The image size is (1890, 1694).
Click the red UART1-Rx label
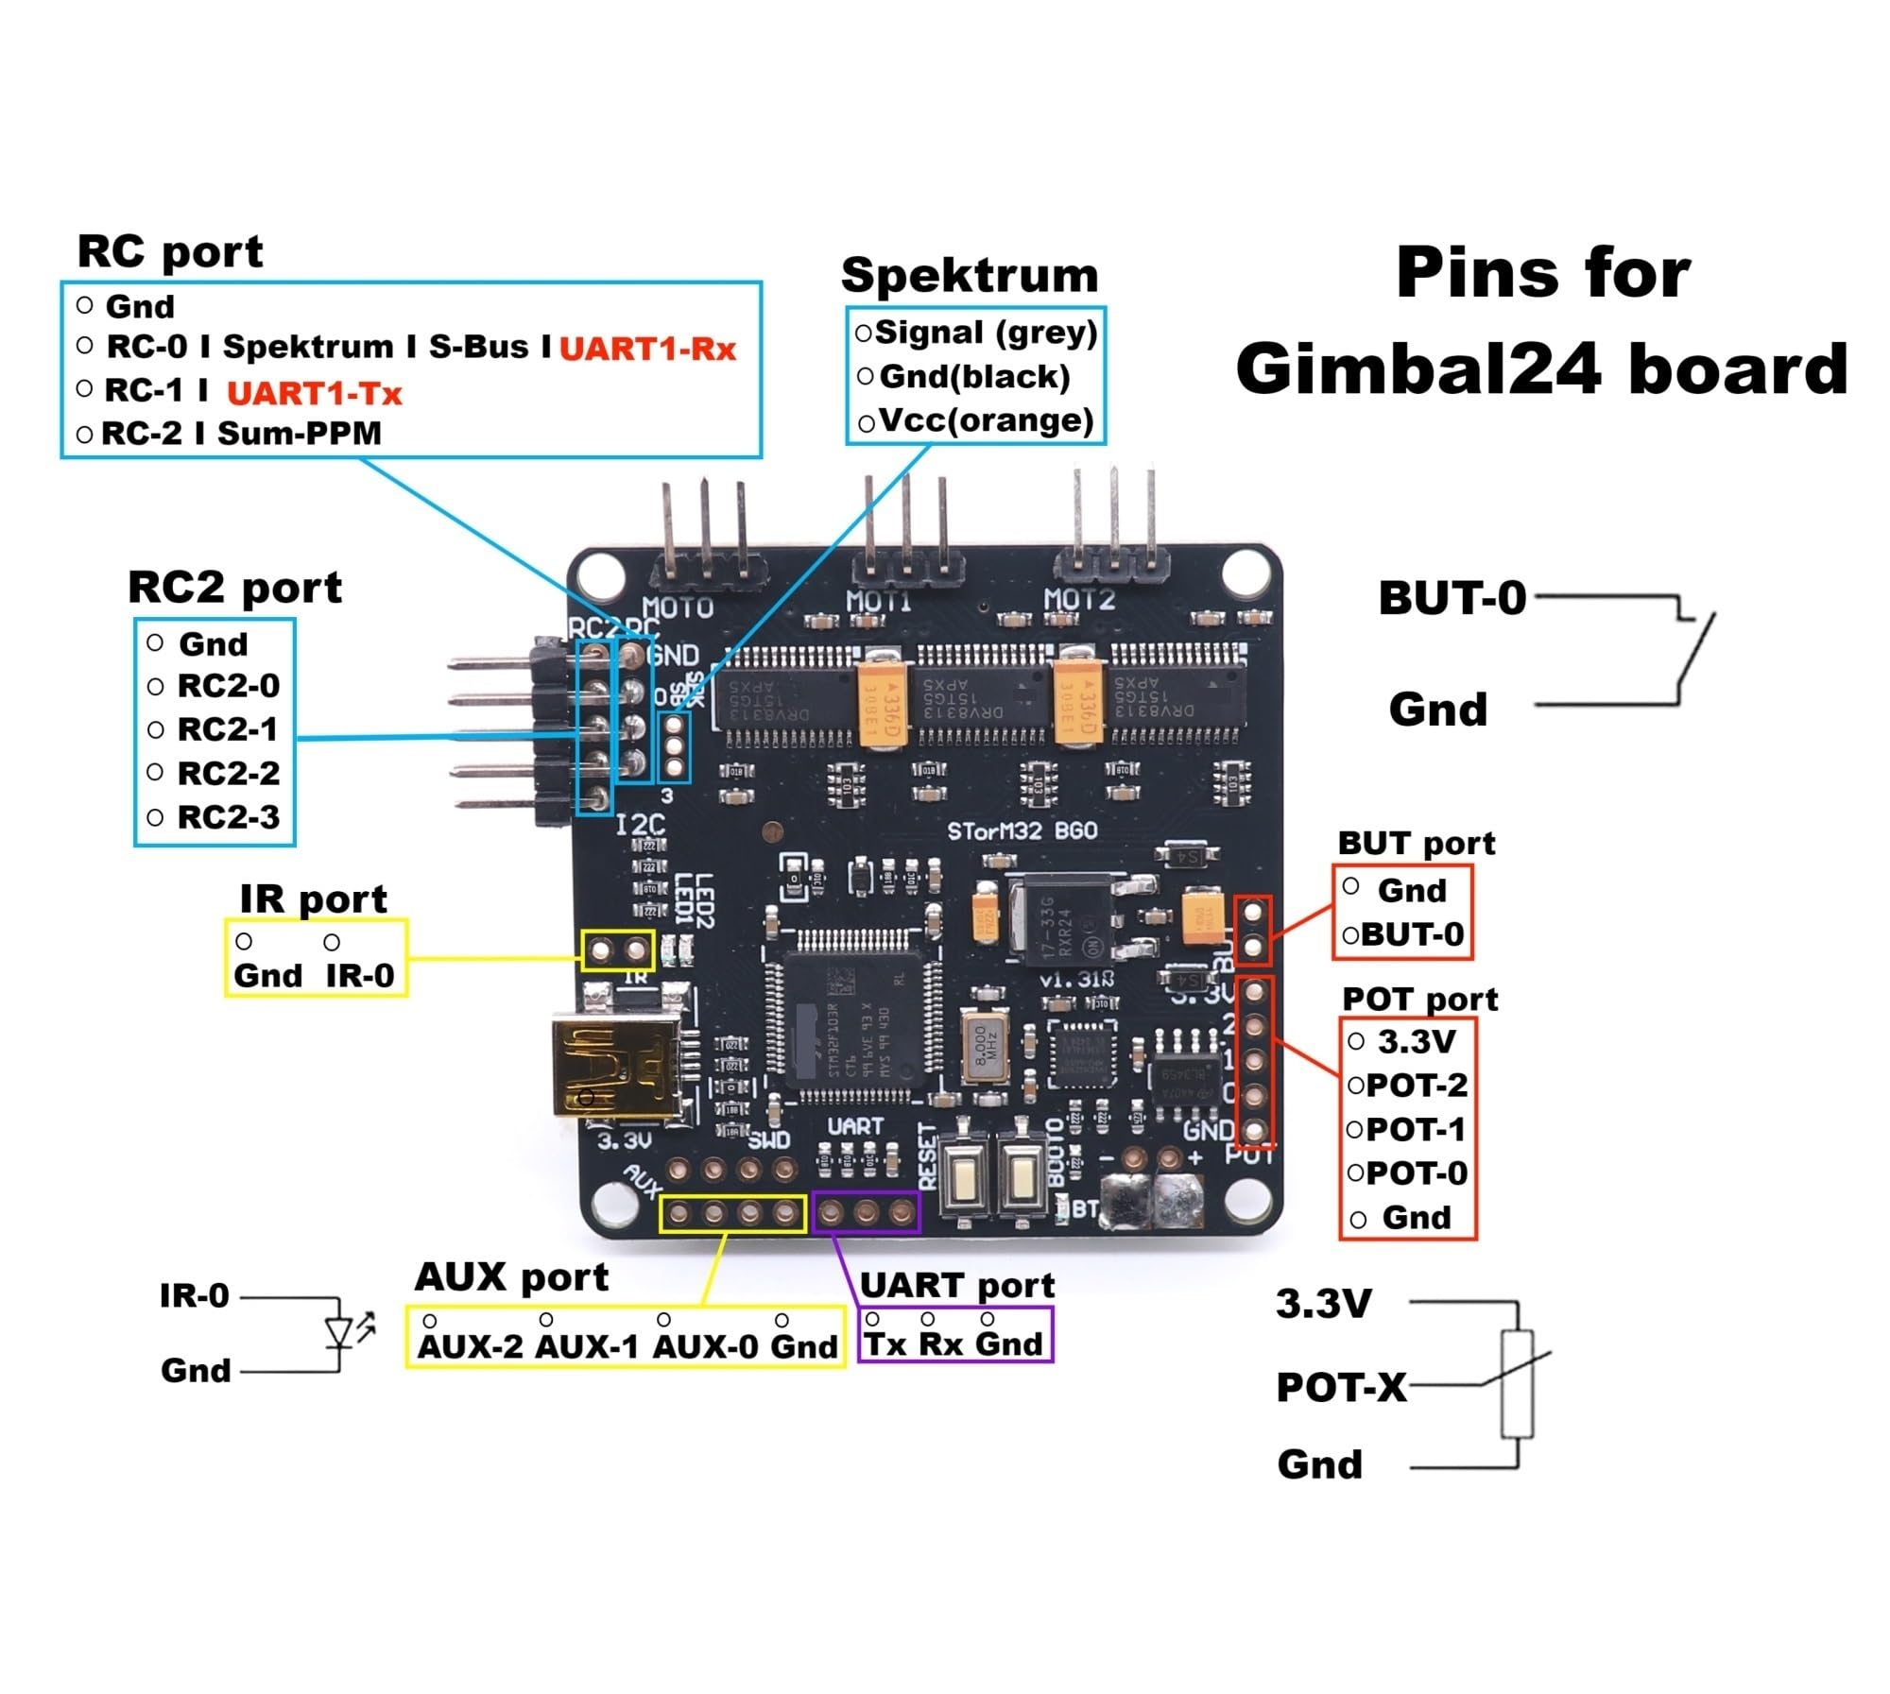[x=647, y=350]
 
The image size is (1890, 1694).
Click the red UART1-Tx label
[x=315, y=393]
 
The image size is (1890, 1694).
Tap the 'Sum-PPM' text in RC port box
[x=299, y=434]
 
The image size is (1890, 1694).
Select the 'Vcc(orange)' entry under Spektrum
[x=986, y=420]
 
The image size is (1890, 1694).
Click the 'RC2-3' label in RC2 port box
[x=228, y=817]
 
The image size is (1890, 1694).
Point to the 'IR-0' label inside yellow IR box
[x=359, y=975]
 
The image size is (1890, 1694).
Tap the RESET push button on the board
[x=965, y=1176]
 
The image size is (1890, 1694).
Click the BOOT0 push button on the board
[x=1021, y=1176]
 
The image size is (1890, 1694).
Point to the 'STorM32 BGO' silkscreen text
[x=1022, y=831]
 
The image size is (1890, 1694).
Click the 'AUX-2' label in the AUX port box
[x=470, y=1346]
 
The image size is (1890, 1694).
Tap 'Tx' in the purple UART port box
[x=885, y=1344]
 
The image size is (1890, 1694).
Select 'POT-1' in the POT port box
[x=1416, y=1130]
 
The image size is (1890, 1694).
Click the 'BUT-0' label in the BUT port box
[x=1412, y=934]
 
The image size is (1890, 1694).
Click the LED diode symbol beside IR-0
[x=340, y=1332]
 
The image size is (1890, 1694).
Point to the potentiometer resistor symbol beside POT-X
[x=1517, y=1384]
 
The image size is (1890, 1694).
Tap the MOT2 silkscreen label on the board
[x=1078, y=600]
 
